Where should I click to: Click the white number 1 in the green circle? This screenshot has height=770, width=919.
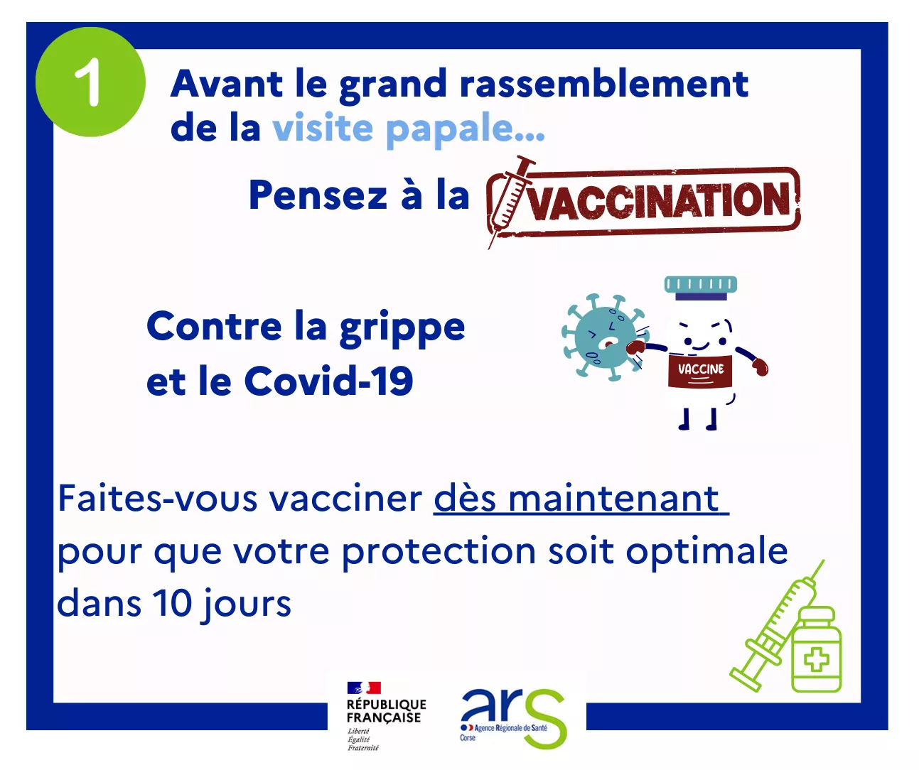(88, 82)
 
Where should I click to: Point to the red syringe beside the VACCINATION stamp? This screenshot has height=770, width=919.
(510, 202)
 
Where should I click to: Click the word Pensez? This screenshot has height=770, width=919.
(318, 195)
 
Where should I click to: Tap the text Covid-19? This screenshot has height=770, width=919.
(329, 381)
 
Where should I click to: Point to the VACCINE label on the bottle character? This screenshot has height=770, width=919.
(701, 369)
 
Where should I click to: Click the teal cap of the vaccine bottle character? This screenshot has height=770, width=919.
(700, 285)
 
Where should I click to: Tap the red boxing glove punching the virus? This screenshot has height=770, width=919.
(635, 349)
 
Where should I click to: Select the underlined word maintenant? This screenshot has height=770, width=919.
(614, 499)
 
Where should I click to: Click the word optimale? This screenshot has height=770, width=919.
(707, 552)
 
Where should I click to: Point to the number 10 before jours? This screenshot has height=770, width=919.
(172, 603)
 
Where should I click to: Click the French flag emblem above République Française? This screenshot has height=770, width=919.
(364, 688)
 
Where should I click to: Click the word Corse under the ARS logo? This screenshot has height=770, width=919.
(468, 738)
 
